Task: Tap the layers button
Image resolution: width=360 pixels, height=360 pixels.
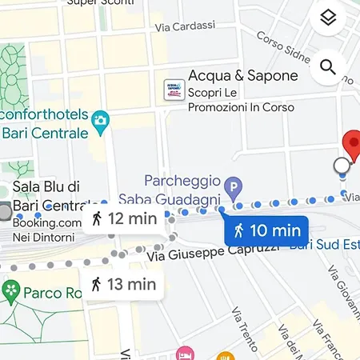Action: point(327,18)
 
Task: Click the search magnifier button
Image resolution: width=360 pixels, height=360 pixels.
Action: point(327,67)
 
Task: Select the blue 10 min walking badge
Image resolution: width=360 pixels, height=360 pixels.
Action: point(265,231)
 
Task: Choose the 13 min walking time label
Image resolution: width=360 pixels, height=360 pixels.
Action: point(122,283)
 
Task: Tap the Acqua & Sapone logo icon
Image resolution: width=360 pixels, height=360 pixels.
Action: point(174,90)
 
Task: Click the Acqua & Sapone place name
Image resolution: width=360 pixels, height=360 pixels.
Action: point(242,77)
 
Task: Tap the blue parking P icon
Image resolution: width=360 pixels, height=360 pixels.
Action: point(233,191)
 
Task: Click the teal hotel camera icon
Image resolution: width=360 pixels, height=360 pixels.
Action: point(100,121)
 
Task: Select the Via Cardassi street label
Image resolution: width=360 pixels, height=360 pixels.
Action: point(186,26)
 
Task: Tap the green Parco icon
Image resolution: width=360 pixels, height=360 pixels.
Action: point(10,289)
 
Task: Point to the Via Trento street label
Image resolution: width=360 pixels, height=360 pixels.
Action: point(244,329)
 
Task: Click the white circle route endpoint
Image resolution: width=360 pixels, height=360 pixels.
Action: point(342,166)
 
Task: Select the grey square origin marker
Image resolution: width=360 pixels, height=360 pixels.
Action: point(5,212)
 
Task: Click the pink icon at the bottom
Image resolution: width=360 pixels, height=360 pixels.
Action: point(186,353)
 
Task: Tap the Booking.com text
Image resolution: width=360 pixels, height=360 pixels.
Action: point(47,223)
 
